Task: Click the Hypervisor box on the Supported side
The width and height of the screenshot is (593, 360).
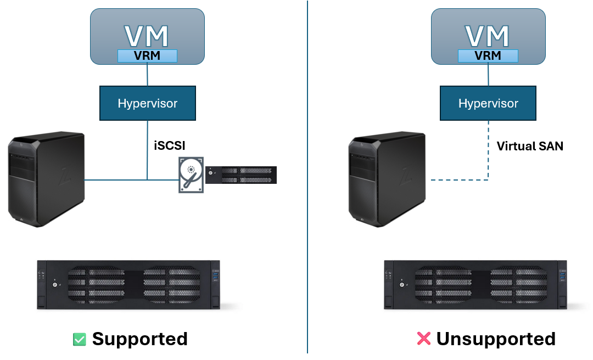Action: [147, 103]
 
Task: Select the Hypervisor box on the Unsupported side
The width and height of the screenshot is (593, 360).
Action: [488, 103]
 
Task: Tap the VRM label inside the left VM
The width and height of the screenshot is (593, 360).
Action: [147, 55]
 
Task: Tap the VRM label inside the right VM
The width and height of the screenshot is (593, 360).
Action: [488, 55]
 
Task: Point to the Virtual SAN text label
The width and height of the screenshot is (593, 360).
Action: [529, 146]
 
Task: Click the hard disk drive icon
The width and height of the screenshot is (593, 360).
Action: [191, 174]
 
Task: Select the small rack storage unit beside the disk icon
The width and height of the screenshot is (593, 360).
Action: [241, 175]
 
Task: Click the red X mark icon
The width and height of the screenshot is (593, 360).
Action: [423, 339]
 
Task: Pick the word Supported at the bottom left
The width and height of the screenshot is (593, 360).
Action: [139, 339]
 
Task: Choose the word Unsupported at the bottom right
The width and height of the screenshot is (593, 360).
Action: [496, 339]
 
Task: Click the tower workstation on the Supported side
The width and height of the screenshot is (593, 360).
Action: [46, 179]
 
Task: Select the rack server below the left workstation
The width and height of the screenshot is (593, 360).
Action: [128, 284]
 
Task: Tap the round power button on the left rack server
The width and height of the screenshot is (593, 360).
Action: [54, 285]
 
